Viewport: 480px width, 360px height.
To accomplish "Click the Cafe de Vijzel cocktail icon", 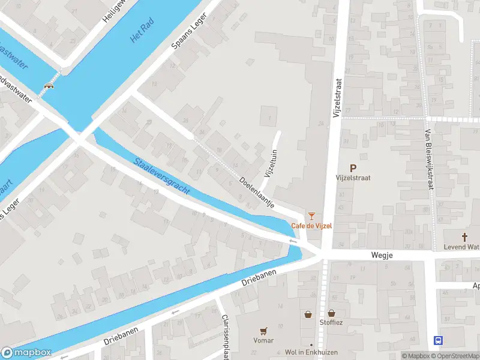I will (x=311, y=215).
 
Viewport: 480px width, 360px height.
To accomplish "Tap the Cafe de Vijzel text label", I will (x=311, y=226).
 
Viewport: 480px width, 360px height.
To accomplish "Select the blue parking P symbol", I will (x=353, y=169).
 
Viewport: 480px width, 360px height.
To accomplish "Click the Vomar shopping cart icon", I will (x=263, y=331).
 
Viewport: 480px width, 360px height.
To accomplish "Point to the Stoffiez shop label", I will (x=331, y=322).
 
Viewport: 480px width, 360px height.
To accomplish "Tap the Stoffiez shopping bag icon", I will (x=331, y=313).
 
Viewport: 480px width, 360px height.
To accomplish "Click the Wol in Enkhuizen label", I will (x=311, y=352).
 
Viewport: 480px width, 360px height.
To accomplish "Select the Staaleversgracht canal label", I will (x=162, y=176).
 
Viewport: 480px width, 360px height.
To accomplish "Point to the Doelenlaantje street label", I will (x=257, y=192).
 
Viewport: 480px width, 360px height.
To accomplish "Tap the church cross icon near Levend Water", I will (x=464, y=237).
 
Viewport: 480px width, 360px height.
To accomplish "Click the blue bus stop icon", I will (x=439, y=340).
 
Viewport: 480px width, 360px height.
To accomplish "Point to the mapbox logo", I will (x=26, y=353).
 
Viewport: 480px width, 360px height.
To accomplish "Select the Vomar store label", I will (x=263, y=340).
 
